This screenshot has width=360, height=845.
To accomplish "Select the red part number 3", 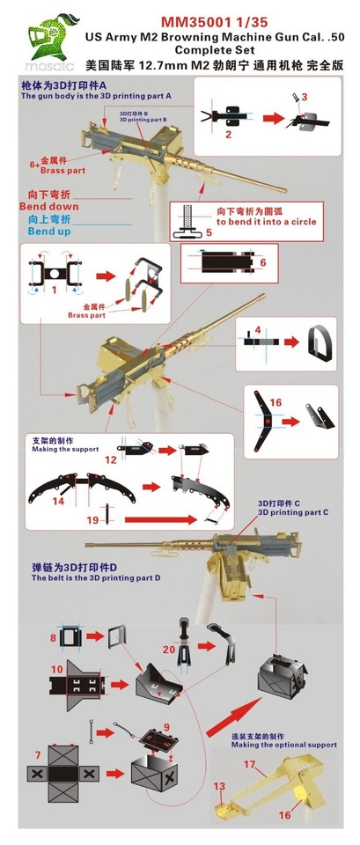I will [305, 96].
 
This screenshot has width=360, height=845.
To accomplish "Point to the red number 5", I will [209, 232].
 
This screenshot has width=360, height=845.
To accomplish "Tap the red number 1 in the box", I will [54, 288].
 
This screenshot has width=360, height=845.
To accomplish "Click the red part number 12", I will [111, 459].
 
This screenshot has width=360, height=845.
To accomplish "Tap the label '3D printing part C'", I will [293, 511].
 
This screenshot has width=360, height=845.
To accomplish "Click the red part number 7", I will [36, 755].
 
